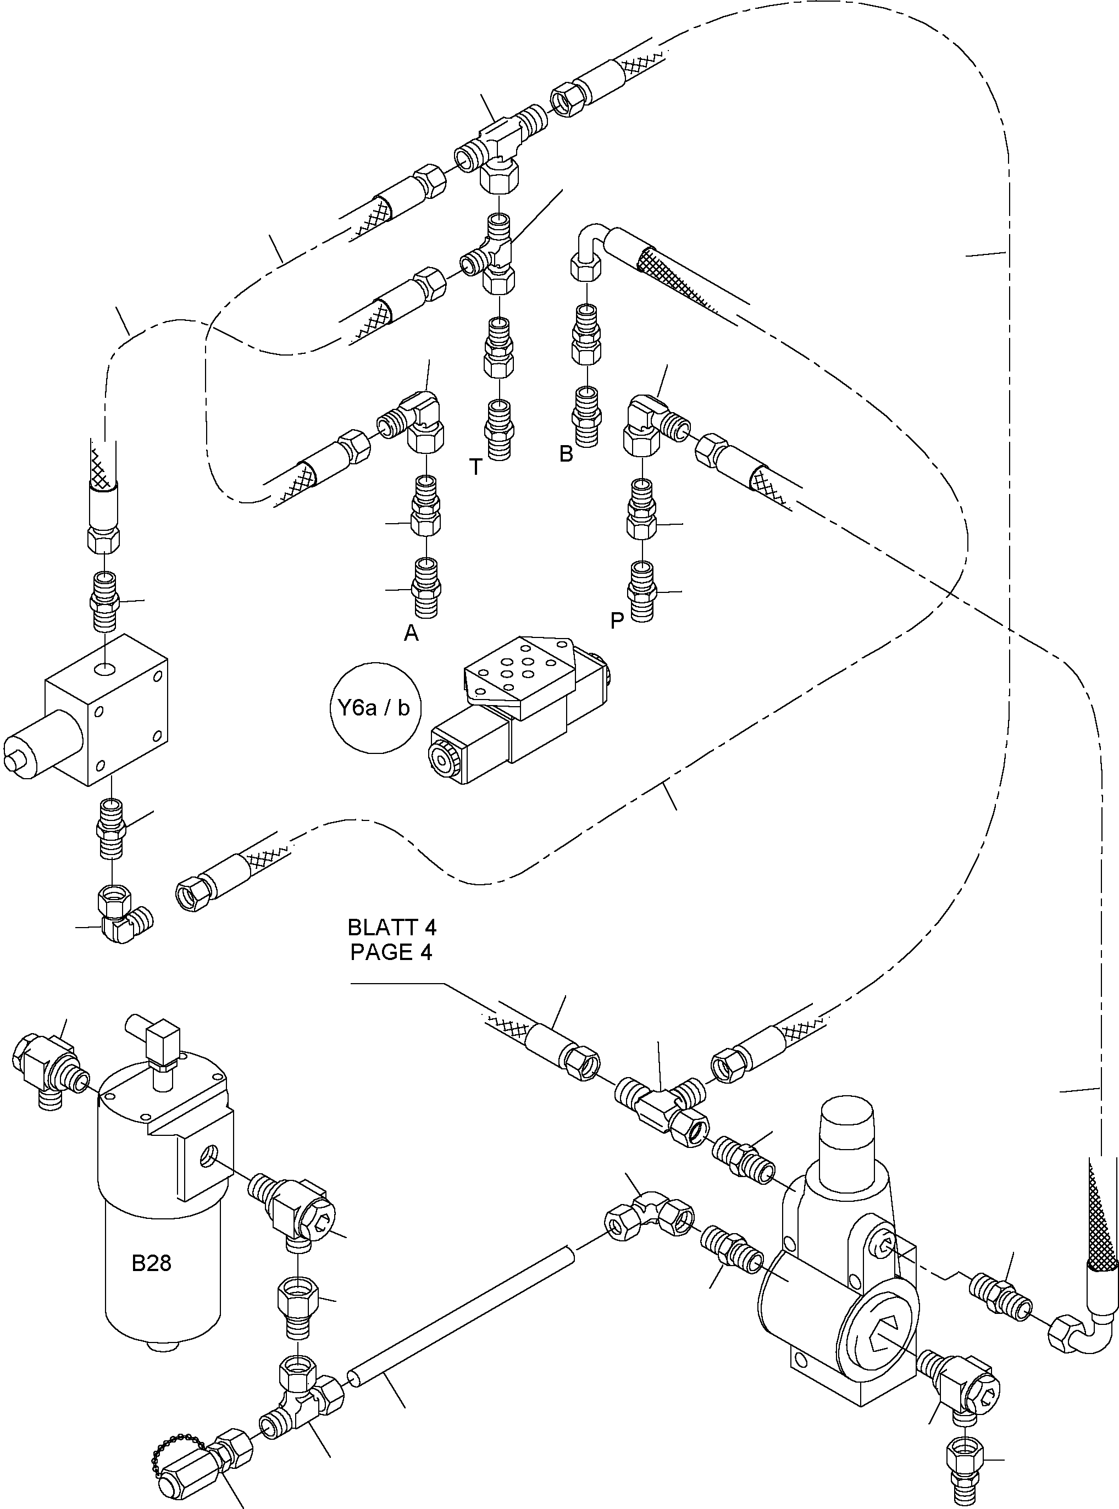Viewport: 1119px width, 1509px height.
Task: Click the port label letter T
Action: tap(475, 467)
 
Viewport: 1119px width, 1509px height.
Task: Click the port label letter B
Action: tap(566, 454)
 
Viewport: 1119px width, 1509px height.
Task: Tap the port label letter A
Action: tap(411, 633)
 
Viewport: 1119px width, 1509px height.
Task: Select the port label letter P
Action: tap(617, 620)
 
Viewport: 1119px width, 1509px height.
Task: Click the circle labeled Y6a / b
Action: tap(375, 708)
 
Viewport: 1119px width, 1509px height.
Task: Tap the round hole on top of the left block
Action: tap(105, 670)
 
